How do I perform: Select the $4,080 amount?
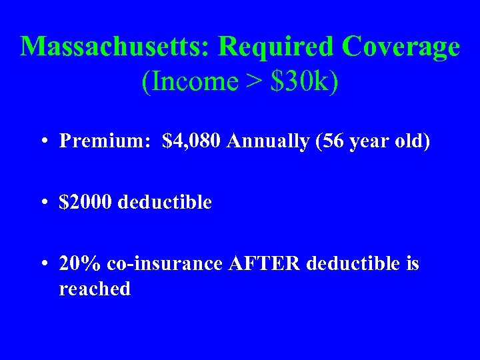point(191,141)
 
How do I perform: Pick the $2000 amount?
point(85,202)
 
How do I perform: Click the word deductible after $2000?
point(164,202)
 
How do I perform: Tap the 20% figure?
point(77,264)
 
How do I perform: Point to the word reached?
point(95,289)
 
